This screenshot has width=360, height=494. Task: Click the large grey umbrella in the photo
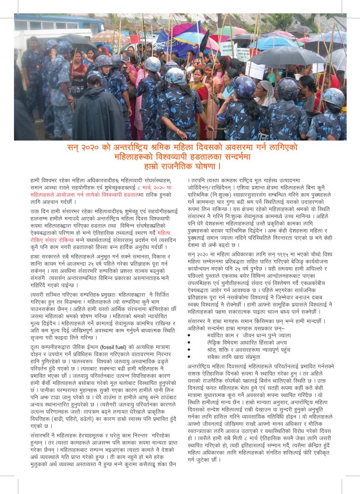tap(289, 57)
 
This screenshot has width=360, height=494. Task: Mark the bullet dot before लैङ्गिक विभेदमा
tap(190, 342)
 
